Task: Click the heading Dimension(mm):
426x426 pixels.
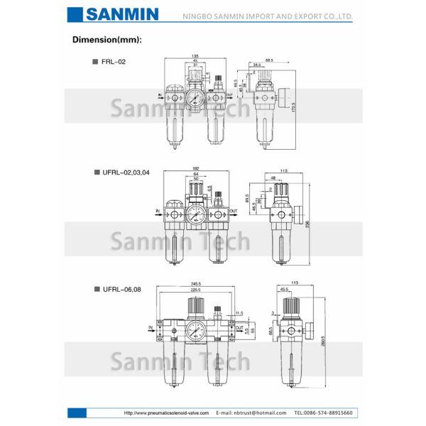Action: (x=107, y=39)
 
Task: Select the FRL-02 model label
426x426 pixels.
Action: (x=113, y=62)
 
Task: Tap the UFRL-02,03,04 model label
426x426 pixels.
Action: (x=126, y=172)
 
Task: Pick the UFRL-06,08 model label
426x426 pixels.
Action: (x=121, y=289)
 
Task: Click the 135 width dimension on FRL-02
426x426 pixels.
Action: (x=195, y=56)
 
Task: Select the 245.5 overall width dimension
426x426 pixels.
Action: (x=195, y=284)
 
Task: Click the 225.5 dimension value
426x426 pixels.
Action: (x=195, y=290)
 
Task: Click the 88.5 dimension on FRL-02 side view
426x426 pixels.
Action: (x=268, y=60)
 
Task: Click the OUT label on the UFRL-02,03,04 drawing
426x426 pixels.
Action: (x=233, y=211)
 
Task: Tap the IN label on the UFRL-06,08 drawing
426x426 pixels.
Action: (x=151, y=327)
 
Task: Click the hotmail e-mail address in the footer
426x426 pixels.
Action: (x=251, y=413)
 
